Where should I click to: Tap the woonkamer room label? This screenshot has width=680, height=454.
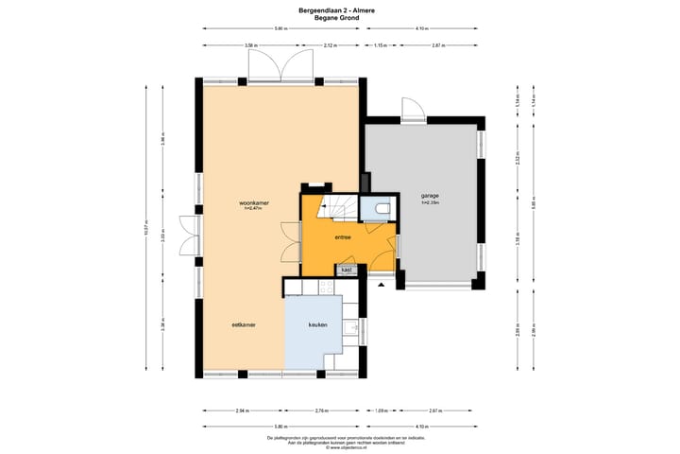[252, 202]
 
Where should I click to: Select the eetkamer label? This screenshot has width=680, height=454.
[245, 324]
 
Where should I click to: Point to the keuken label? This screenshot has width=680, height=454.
[318, 324]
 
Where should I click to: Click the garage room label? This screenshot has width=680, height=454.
[430, 197]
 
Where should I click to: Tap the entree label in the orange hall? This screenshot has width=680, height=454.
[343, 237]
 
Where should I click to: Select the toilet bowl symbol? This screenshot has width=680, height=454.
[382, 209]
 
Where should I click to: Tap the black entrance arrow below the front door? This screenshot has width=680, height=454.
[381, 283]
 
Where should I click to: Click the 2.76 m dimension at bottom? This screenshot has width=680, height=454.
[321, 411]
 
